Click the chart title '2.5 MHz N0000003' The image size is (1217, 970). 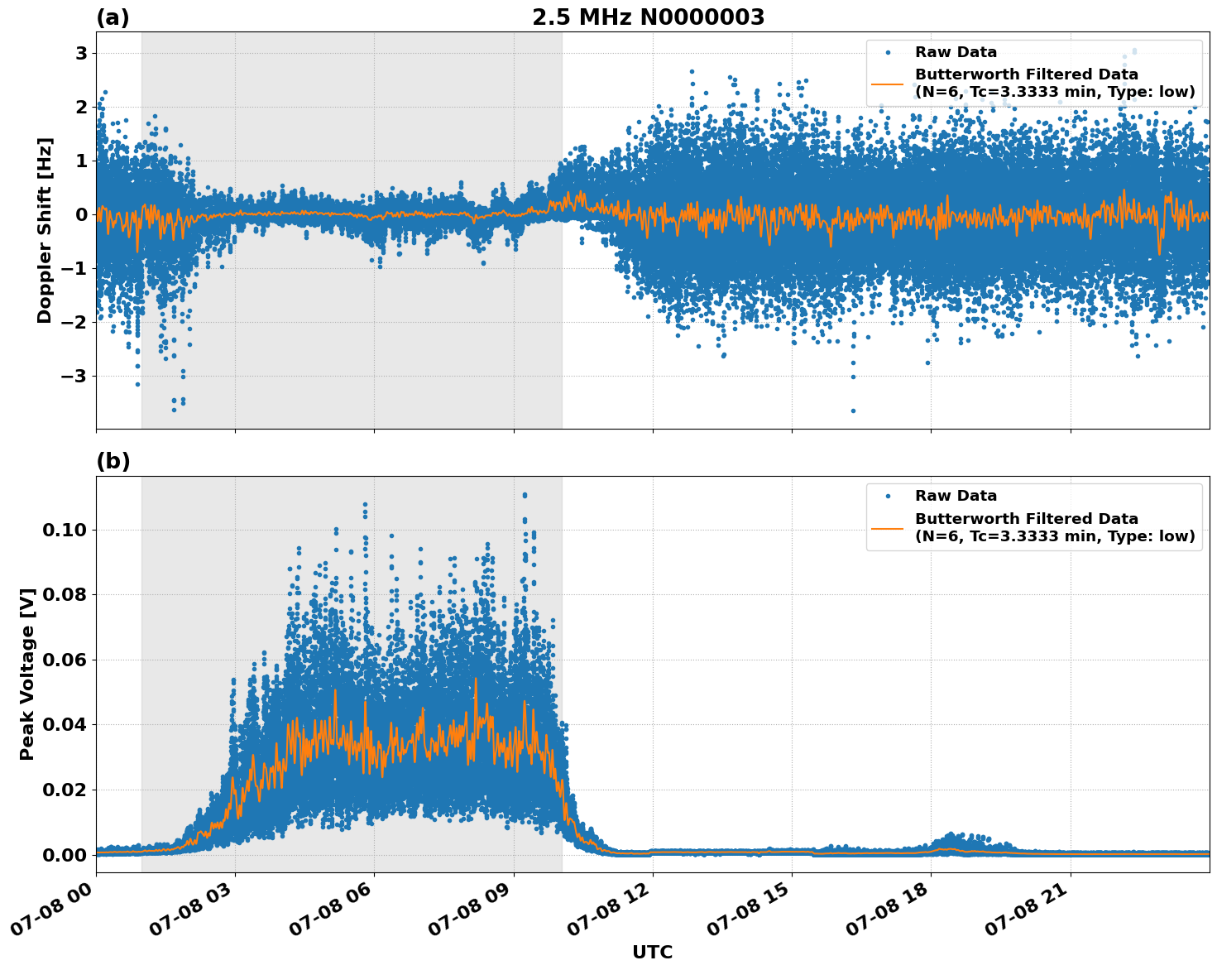coord(648,17)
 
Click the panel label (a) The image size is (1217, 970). coord(113,17)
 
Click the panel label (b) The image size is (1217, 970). coord(113,462)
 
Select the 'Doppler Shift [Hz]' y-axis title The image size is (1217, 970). coord(45,230)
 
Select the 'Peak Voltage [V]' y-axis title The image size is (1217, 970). coord(27,674)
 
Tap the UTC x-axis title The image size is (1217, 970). coord(652,952)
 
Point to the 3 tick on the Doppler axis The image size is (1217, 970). coord(82,54)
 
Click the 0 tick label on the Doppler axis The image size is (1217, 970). coord(82,215)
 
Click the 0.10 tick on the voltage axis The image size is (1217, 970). coord(64,530)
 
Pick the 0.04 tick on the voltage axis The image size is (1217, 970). coord(64,725)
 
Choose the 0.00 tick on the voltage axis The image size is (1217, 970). coord(64,855)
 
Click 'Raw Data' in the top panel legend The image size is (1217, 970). coord(956,53)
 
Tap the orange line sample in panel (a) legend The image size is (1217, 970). coord(888,84)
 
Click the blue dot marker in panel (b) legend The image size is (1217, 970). coord(888,497)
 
